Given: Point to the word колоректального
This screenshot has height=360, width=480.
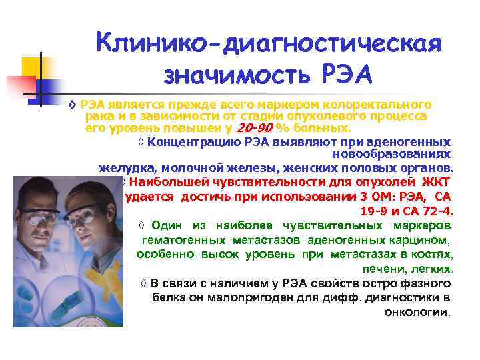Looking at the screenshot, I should pyautogui.click(x=382, y=105).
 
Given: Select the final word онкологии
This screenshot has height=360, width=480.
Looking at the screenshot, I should pyautogui.click(x=418, y=311).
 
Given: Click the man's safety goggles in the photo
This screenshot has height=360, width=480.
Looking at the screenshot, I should pyautogui.click(x=46, y=217).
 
